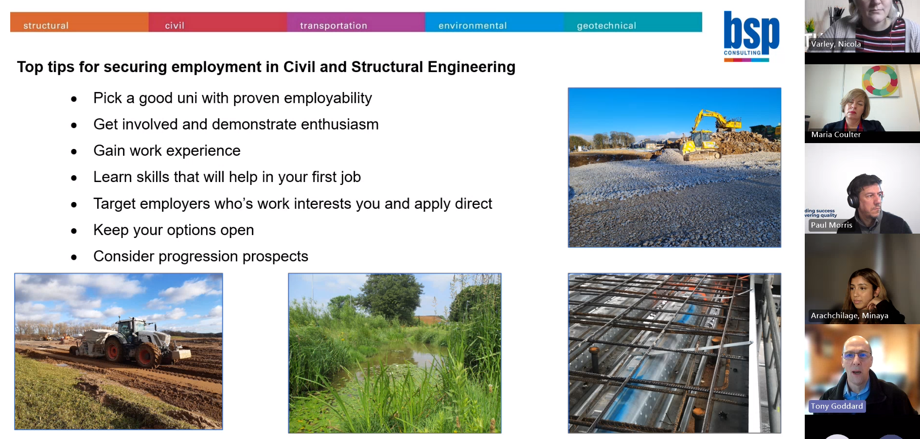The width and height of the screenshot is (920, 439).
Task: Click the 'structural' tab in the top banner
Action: (x=46, y=25)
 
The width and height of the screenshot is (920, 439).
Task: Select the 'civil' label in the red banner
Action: (x=175, y=25)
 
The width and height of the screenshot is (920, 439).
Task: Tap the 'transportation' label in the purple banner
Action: (x=334, y=25)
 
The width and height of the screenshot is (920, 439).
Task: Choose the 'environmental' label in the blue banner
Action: (x=473, y=25)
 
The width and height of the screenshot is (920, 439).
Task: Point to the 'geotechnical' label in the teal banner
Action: (x=606, y=26)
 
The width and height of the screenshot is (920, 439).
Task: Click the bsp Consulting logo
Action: (x=751, y=36)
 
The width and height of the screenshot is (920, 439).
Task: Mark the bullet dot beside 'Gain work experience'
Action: (x=74, y=152)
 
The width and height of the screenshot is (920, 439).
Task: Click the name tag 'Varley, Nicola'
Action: (x=836, y=44)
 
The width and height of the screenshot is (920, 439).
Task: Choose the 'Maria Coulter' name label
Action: (x=836, y=135)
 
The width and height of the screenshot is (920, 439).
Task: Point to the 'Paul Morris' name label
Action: (x=832, y=225)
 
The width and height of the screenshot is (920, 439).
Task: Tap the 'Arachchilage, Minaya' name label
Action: (x=849, y=316)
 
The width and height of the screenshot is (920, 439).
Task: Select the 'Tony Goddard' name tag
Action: (x=837, y=406)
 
